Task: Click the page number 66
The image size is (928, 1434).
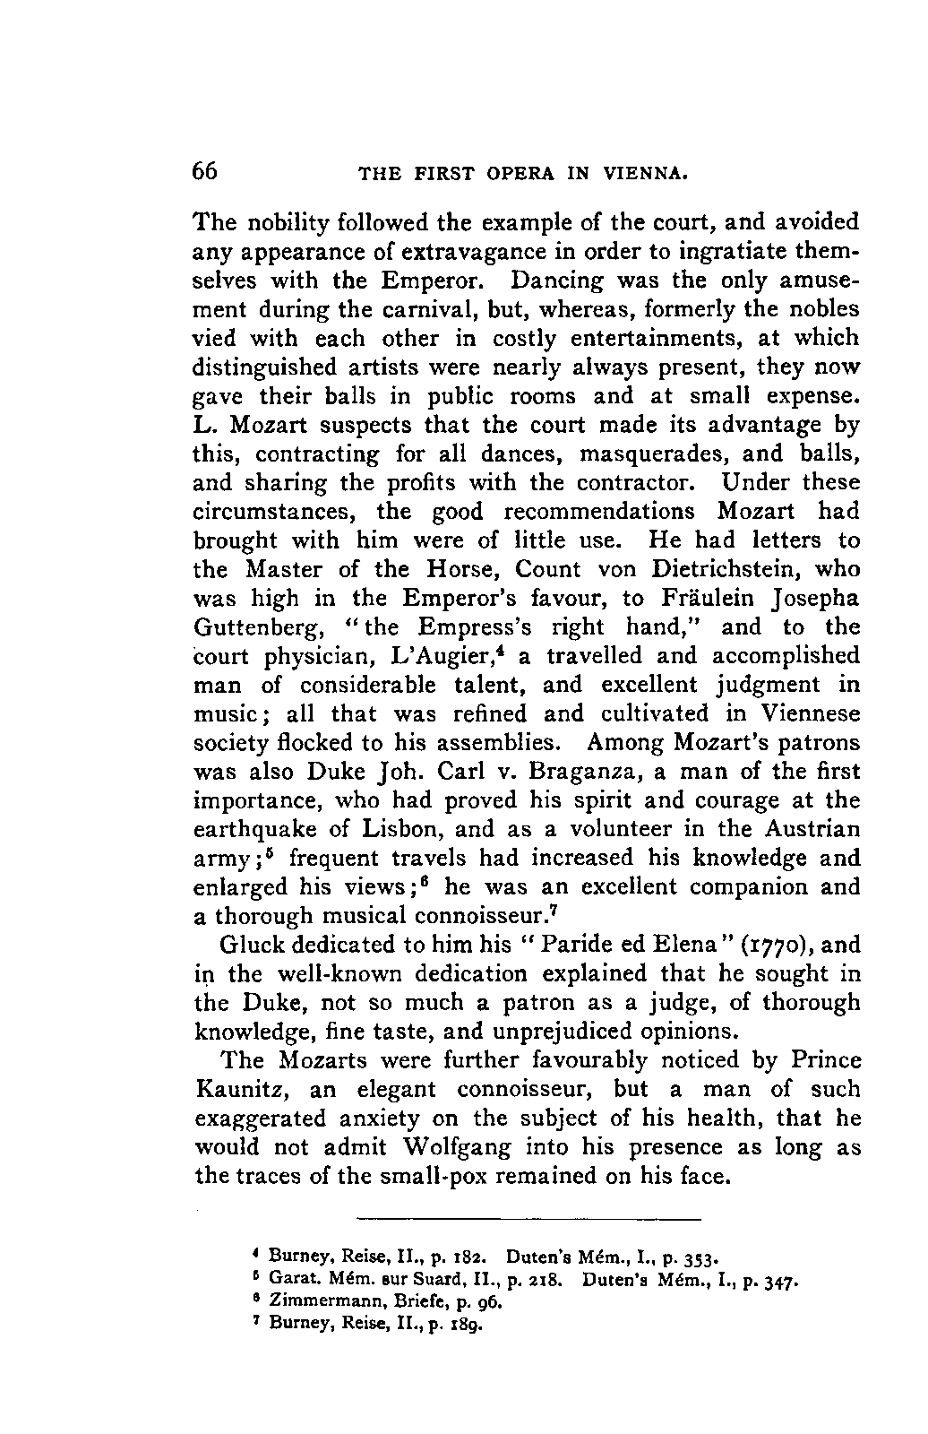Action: pyautogui.click(x=205, y=171)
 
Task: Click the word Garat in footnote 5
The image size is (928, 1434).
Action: pyautogui.click(x=289, y=1281)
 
